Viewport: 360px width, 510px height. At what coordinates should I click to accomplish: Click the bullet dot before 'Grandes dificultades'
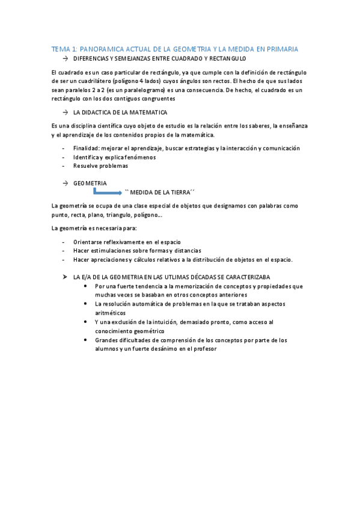coord(87,340)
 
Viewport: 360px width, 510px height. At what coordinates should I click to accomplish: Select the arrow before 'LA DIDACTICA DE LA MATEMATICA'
coord(64,112)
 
